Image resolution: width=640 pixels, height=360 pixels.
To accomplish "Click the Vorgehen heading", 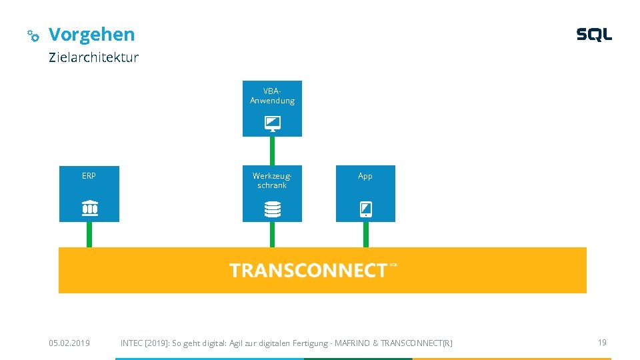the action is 91,35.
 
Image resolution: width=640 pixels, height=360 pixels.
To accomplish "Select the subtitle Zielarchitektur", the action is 93,57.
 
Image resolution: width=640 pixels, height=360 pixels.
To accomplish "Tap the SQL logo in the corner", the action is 594,34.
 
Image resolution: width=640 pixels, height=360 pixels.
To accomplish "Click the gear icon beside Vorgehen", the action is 33,35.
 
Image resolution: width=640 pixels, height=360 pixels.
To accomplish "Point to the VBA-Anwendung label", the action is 272,96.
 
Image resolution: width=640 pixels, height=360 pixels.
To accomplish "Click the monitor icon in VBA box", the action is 272,124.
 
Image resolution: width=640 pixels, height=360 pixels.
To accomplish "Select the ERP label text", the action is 89,176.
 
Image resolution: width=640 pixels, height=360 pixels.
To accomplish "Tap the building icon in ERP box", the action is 90,208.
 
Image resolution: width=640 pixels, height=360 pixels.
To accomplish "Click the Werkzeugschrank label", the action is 272,181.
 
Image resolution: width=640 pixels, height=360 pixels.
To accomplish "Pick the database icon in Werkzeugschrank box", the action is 272,209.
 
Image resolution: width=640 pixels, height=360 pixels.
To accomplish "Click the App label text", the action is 365,176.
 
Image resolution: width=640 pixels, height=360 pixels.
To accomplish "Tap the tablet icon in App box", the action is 366,209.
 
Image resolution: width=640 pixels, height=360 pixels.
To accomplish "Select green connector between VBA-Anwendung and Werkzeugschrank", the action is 272,151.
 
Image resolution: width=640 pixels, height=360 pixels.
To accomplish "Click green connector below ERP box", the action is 89,235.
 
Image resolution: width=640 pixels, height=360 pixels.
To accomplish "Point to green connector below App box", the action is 366,235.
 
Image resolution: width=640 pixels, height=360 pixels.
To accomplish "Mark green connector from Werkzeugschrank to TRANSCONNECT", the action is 272,235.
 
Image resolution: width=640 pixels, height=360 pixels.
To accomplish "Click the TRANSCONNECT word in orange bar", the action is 308,271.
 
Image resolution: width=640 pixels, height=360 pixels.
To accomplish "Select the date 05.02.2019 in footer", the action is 69,343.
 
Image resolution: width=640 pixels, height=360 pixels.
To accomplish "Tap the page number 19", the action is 602,343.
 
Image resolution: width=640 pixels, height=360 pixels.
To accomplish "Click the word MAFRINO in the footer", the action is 352,343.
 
